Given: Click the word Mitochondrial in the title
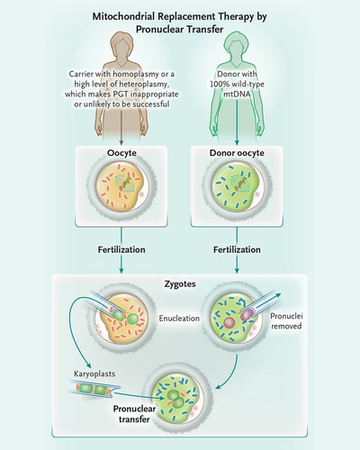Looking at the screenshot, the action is tap(124, 17).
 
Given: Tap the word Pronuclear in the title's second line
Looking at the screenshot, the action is tap(159, 30).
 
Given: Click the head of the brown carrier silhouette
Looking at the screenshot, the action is tap(121, 45).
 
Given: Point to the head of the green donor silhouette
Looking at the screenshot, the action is tap(237, 45).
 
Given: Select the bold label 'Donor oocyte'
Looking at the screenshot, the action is tap(237, 153).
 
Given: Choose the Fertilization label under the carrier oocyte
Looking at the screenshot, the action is tap(121, 249).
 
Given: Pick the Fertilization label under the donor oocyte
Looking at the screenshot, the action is tap(237, 249).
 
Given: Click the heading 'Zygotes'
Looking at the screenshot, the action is tap(180, 284).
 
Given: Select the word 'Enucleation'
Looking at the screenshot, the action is tap(179, 319).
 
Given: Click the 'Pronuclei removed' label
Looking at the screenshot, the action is tap(286, 321).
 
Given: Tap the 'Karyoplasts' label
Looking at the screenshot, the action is tap(94, 373).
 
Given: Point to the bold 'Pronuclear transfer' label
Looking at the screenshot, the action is tap(134, 414).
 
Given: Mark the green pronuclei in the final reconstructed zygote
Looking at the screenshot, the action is tap(175, 399).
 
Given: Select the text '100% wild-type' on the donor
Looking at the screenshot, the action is tap(237, 84).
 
